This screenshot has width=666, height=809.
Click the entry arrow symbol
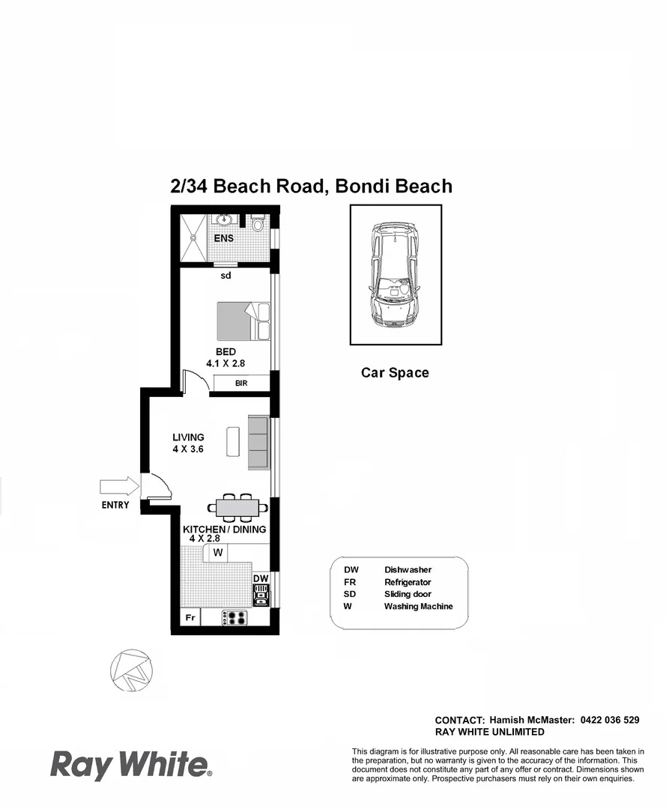point(119,487)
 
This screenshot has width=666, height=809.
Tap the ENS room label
point(223,238)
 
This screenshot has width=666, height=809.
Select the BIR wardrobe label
point(240,384)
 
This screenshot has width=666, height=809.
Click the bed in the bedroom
point(243,321)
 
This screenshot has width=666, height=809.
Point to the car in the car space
point(394,275)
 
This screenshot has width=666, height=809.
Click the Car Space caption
point(395,372)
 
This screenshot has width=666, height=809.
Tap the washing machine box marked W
point(219,553)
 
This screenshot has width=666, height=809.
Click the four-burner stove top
point(236,618)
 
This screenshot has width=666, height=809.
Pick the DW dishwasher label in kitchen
point(260,579)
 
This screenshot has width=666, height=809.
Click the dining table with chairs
point(237,508)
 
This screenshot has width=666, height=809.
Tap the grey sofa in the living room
point(258,443)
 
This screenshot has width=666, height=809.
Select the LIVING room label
point(188,437)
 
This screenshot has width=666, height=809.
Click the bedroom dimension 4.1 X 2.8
point(225,363)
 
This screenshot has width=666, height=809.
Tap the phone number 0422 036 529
point(609,720)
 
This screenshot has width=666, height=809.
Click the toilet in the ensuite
point(257,222)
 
